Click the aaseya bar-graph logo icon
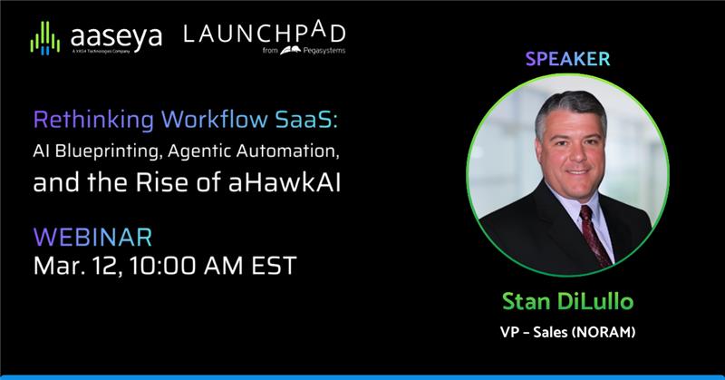[44, 39]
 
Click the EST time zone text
[272, 267]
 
